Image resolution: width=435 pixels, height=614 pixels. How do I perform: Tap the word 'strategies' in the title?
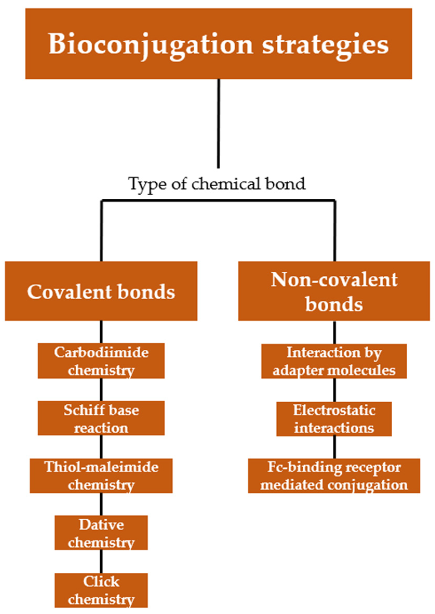[325, 45]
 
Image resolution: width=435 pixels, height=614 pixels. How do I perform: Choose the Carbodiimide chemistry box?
[101, 361]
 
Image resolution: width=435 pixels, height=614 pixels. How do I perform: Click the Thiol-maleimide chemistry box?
[101, 476]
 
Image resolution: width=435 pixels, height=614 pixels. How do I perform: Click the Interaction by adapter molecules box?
[334, 361]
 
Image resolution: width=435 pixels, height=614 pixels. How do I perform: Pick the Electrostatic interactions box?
[334, 419]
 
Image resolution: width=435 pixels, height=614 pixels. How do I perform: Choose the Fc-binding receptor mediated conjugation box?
[334, 476]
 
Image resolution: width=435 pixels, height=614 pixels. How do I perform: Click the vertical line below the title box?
[218, 123]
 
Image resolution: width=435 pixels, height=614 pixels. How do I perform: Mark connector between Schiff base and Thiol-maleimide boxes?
[101, 447]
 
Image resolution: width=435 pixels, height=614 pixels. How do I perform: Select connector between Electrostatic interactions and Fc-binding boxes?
[334, 447]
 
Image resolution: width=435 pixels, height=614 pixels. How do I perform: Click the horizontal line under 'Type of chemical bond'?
[218, 200]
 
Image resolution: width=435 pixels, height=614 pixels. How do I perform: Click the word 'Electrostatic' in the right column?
[334, 410]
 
